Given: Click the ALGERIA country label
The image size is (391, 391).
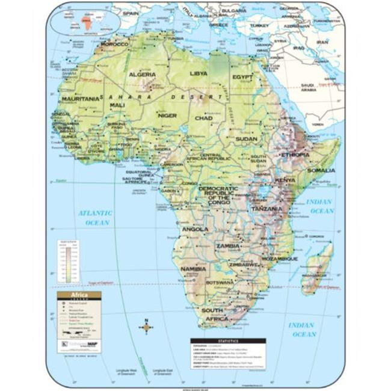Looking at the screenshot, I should (142, 75).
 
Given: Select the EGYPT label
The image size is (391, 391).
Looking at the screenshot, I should (242, 78).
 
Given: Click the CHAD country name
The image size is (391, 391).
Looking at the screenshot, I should (203, 118).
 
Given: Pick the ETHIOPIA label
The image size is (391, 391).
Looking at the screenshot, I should (295, 155).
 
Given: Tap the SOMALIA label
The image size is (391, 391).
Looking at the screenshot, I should (321, 170).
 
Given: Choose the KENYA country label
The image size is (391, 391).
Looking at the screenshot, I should (285, 180).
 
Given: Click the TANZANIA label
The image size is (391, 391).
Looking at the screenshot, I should (266, 209).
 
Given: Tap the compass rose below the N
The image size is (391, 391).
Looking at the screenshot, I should (146, 328).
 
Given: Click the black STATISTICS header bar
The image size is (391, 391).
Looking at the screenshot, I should (228, 340).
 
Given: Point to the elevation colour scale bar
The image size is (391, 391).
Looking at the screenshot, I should (69, 261).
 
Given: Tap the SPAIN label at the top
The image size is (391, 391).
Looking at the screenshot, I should (131, 12).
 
